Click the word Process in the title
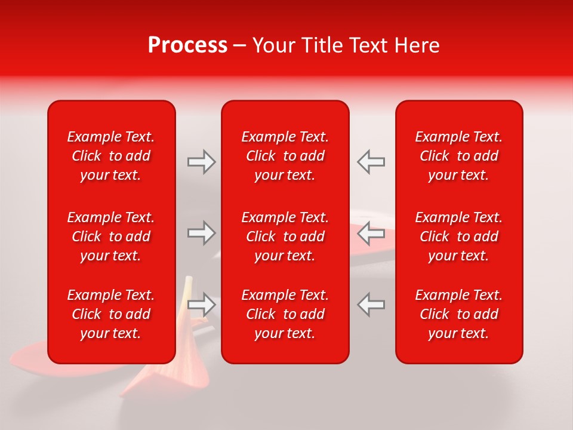pos(187,45)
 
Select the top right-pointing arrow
pos(201,162)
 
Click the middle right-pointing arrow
pos(201,233)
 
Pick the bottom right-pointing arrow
pos(201,305)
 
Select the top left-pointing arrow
pos(371,162)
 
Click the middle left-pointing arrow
pos(371,233)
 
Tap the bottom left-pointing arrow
pos(371,305)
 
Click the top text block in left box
pos(111,156)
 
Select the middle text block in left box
pos(111,236)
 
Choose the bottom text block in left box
pos(111,314)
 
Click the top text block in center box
pos(285,156)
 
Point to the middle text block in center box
pos(285,236)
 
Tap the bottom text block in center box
pos(285,314)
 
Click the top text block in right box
pos(459,156)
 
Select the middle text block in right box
pos(459,236)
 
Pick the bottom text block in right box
pos(459,314)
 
